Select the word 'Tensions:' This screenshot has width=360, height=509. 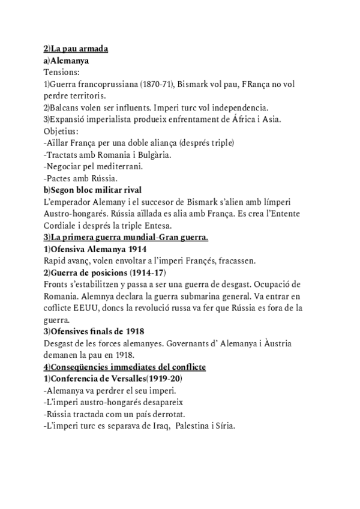coord(61,71)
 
